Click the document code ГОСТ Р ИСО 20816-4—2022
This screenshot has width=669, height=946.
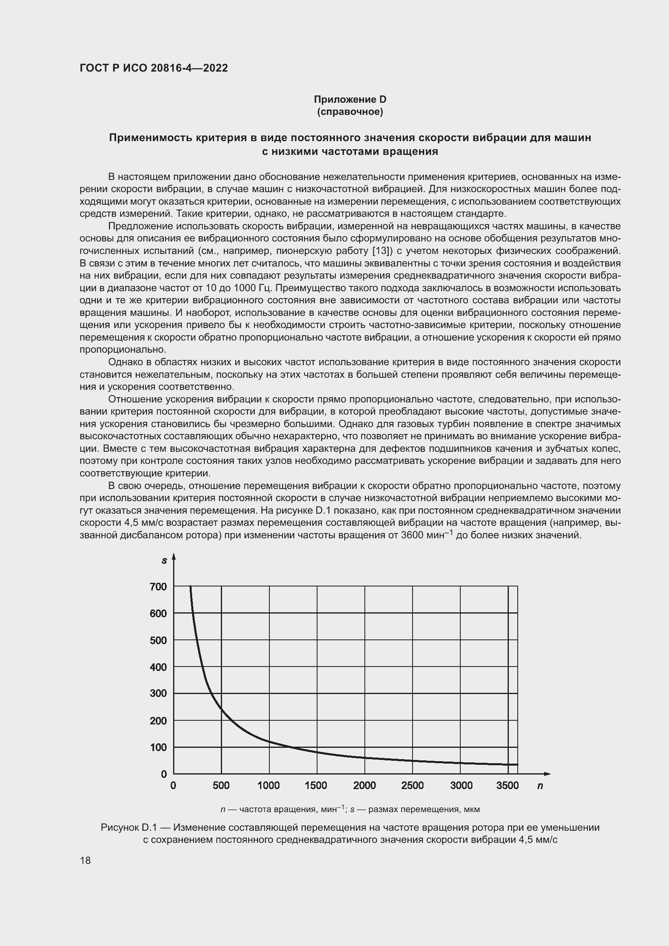coord(154,68)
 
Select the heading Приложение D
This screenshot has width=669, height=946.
coord(350,99)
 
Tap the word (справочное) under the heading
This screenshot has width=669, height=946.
coord(350,112)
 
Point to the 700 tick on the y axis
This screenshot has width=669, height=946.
coord(159,587)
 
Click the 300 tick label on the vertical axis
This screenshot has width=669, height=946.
coord(159,694)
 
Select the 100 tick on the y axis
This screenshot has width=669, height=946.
coord(159,747)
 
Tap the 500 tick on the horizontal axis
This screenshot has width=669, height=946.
coord(221,786)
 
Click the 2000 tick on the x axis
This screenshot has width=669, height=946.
coord(364,786)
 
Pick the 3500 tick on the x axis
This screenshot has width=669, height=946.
coord(508,786)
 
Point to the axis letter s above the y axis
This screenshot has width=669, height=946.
coord(164,561)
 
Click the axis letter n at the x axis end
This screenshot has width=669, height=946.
coord(540,786)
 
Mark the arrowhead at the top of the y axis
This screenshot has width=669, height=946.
coord(174,557)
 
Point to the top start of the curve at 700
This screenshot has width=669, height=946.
coord(191,587)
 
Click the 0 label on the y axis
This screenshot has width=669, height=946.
coord(163,774)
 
